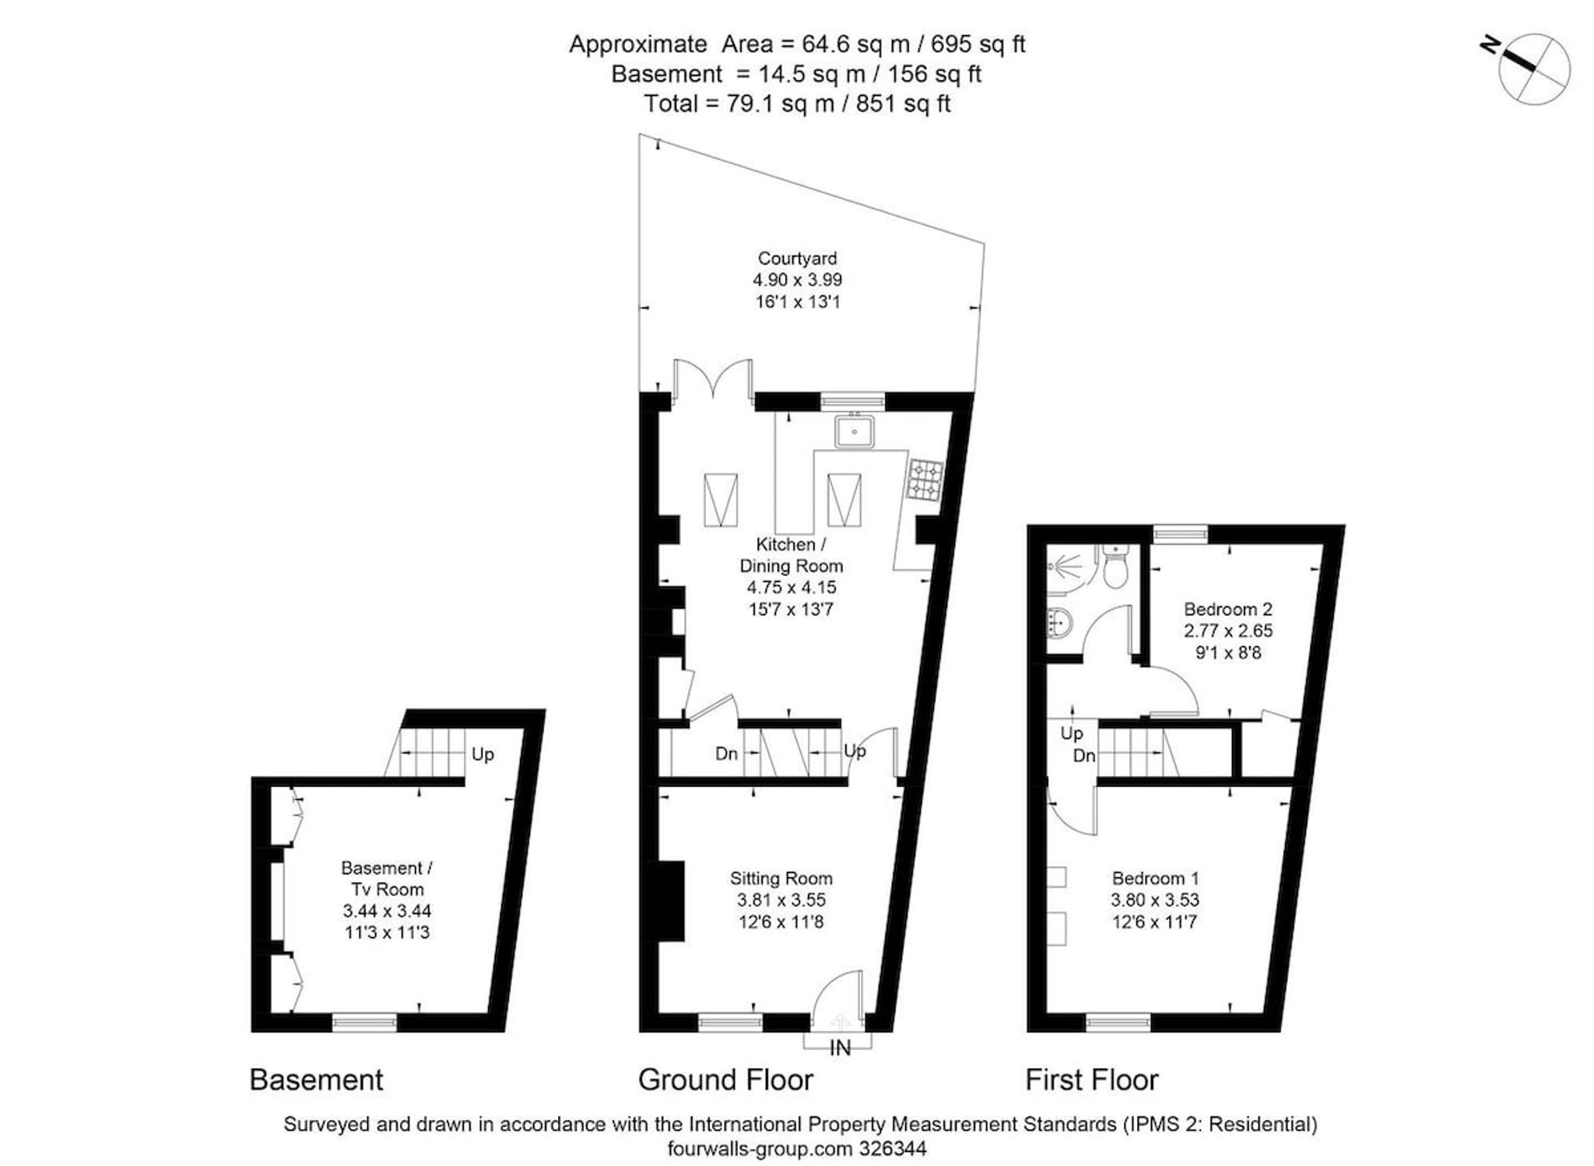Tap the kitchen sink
[x=854, y=430]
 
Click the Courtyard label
[x=797, y=258]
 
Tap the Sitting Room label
[x=781, y=878]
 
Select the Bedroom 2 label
[x=1228, y=609]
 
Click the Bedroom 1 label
[x=1155, y=878]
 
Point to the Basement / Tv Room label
[x=387, y=878]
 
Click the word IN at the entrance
[x=840, y=1048]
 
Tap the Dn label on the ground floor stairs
[x=726, y=753]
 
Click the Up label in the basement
[x=483, y=754]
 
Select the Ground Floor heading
[x=725, y=1080]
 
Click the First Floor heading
[x=1091, y=1080]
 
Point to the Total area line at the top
[x=797, y=104]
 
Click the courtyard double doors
[x=713, y=379]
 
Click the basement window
[x=364, y=1022]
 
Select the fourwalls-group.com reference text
[x=797, y=1148]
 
